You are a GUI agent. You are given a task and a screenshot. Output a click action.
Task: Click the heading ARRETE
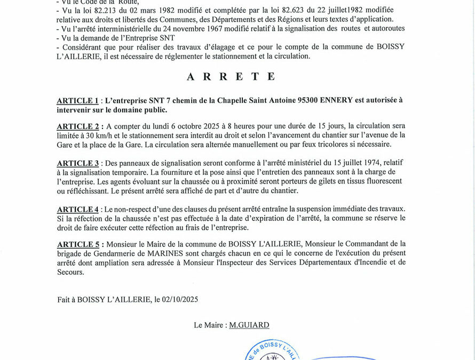click(231, 76)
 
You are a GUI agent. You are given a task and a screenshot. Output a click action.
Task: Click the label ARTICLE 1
click(77, 100)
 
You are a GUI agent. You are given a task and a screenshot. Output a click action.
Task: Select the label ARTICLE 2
click(78, 126)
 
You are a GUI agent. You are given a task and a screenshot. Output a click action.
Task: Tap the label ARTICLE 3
click(78, 163)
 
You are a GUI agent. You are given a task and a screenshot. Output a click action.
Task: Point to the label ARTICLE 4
click(78, 209)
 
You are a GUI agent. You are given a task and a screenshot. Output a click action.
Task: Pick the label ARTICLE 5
click(78, 244)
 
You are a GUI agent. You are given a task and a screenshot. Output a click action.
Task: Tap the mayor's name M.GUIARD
click(249, 325)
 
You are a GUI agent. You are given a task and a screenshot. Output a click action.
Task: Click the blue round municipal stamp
click(272, 353)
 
